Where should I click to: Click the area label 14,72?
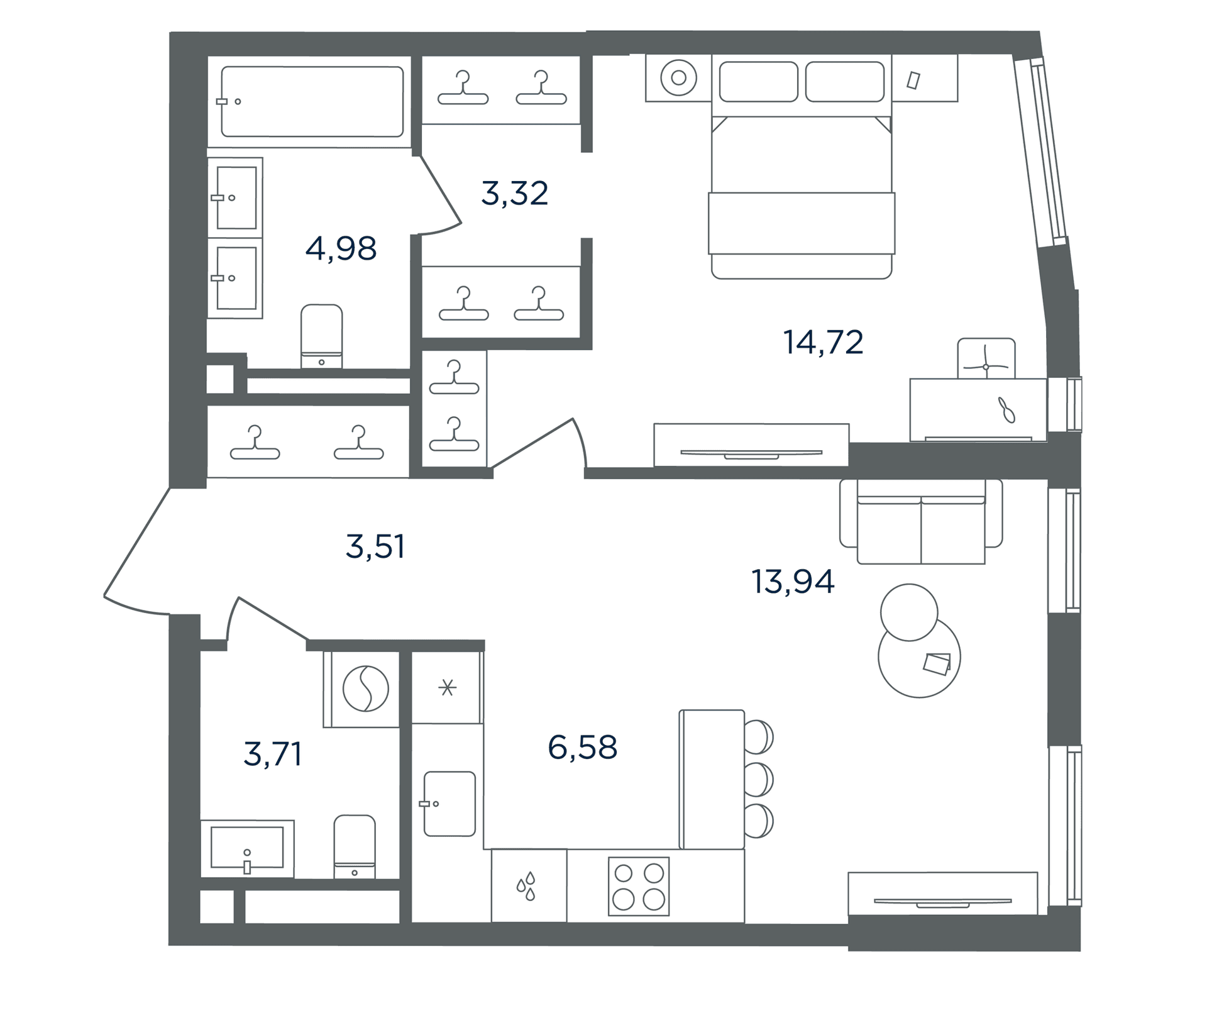tap(823, 343)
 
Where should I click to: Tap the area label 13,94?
tap(793, 582)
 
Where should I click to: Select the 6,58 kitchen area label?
tap(583, 748)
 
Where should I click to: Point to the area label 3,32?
tap(515, 193)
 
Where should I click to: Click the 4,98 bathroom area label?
tap(341, 248)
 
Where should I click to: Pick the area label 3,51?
tap(375, 546)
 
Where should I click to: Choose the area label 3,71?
tap(273, 754)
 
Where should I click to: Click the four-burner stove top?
tap(639, 886)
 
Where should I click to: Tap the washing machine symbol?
tap(365, 689)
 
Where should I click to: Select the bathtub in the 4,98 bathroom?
tap(312, 102)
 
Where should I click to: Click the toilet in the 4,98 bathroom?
tap(321, 336)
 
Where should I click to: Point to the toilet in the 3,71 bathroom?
tap(355, 846)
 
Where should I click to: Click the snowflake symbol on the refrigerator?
tap(448, 688)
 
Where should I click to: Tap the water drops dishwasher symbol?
tap(526, 886)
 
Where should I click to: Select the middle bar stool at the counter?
tap(758, 780)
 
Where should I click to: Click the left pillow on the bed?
tap(759, 81)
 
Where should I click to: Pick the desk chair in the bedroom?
tap(986, 358)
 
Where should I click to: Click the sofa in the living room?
tap(921, 522)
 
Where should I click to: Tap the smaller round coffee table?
tap(909, 612)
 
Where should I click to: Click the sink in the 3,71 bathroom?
tap(247, 848)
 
